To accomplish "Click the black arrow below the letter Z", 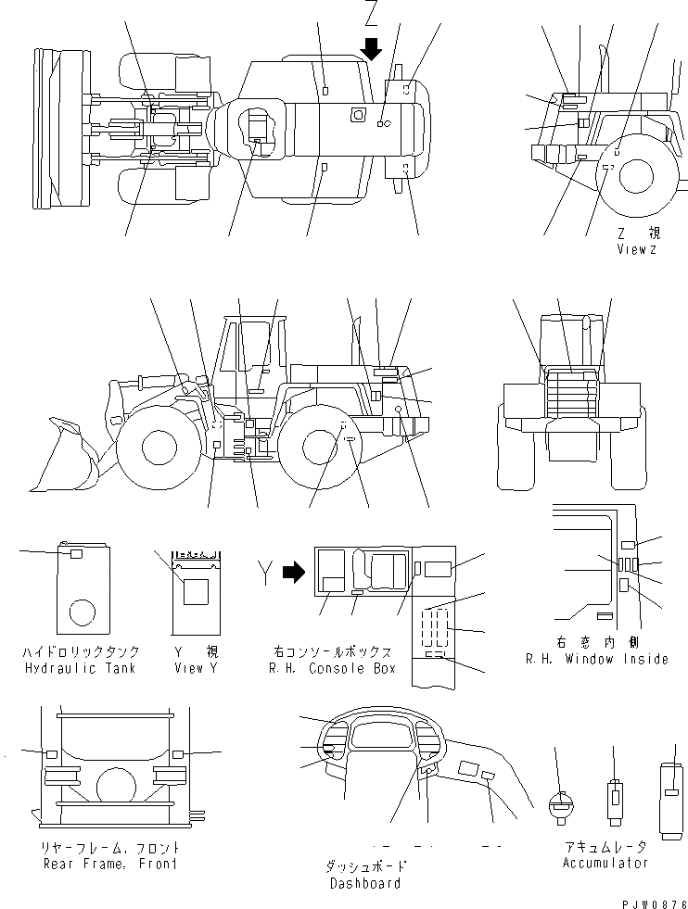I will [372, 48].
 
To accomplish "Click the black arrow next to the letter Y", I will [293, 574].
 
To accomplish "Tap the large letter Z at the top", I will [372, 14].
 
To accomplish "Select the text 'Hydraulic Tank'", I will [79, 668].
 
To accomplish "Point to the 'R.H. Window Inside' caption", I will [596, 659].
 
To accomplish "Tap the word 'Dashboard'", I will [365, 883].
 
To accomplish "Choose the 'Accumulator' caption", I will [605, 863].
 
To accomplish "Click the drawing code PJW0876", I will [653, 901].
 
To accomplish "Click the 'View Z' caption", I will [636, 249].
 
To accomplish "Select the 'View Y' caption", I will [197, 668].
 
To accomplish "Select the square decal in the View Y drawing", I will [197, 590].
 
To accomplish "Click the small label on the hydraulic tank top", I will [76, 553].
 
